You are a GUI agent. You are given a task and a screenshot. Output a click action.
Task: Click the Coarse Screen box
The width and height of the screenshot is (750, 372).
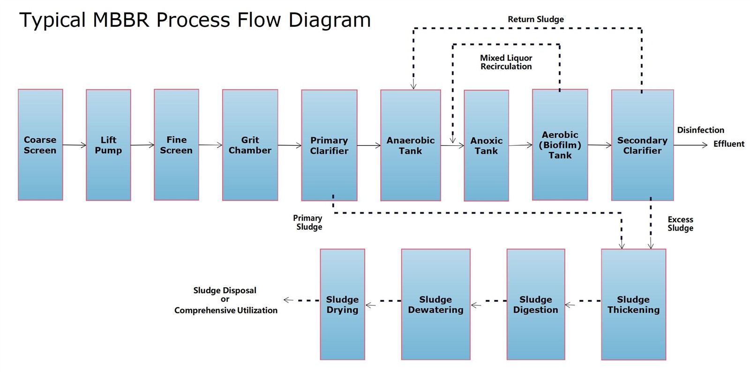40,145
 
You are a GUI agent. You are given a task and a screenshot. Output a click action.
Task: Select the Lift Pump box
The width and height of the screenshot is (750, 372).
108,145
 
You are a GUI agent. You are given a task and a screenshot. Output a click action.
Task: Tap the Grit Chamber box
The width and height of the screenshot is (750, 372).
250,145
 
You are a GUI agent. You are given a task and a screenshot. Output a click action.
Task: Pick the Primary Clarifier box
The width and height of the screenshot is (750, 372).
329,145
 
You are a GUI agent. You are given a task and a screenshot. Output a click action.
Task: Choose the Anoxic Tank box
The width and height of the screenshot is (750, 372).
486,146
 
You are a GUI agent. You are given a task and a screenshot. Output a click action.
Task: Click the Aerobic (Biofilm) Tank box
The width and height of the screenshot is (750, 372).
560,144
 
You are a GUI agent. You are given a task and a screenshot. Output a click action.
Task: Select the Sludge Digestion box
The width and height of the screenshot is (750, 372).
536,305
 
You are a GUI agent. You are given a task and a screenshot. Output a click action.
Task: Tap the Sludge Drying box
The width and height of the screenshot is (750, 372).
343,305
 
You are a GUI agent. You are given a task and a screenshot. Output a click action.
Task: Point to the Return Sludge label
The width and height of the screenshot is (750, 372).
536,19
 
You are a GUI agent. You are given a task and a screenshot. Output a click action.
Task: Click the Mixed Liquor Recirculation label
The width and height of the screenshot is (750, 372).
506,62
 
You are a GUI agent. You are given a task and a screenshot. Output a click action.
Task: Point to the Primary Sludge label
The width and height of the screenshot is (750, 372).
308,223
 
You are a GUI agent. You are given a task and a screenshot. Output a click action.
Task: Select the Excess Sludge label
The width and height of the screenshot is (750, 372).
680,224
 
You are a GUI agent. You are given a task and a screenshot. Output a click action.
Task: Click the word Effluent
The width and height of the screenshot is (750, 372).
729,144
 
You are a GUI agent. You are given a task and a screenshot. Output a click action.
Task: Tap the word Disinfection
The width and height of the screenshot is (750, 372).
701,130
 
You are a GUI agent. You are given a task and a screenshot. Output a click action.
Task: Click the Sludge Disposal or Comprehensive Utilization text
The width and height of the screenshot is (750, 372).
225,300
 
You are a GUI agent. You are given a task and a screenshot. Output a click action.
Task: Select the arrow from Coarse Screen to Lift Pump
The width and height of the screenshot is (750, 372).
75,145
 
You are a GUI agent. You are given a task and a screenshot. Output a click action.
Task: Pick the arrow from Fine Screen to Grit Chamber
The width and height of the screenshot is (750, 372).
210,145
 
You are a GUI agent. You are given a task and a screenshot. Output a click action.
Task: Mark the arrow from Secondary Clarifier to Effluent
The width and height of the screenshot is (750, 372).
691,145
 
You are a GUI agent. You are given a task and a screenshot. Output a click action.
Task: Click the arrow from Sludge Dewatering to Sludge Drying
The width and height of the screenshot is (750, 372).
383,302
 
